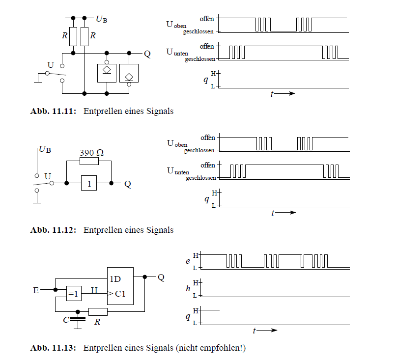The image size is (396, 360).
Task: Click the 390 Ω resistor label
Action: pos(91,153)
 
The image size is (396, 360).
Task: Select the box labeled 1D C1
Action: pos(120,286)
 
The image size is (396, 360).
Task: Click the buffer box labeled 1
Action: pos(89,184)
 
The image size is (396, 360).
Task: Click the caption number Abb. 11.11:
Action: pos(53,111)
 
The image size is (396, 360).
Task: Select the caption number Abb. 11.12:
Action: pos(53,230)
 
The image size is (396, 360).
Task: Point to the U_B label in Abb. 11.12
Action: pos(45,148)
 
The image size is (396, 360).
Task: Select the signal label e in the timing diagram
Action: pos(188,262)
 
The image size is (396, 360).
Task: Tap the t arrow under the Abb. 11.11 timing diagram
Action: pos(283,94)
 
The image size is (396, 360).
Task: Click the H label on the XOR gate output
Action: pos(94,290)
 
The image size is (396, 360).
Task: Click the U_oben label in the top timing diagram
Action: pos(176,25)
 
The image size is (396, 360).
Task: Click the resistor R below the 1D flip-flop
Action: pos(98,311)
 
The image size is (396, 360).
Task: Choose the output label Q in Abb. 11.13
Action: pos(161,277)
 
